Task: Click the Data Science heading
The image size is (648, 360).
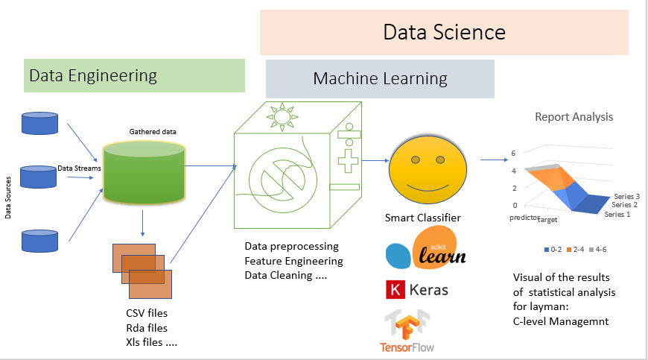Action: pyautogui.click(x=444, y=32)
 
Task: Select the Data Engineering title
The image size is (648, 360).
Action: pyautogui.click(x=93, y=75)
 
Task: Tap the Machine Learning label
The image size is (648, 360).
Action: pyautogui.click(x=380, y=78)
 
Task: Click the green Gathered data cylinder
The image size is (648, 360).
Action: pyautogui.click(x=144, y=172)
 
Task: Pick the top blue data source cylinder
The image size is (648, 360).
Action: pyautogui.click(x=40, y=123)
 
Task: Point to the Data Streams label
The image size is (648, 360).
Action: pyautogui.click(x=79, y=168)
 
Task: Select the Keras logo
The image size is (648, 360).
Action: pyautogui.click(x=417, y=289)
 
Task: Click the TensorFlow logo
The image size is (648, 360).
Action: pyautogui.click(x=407, y=332)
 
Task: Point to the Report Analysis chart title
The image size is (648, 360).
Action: pyautogui.click(x=574, y=117)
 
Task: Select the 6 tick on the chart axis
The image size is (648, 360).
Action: pyautogui.click(x=512, y=154)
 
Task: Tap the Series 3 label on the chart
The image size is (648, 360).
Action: pyautogui.click(x=627, y=196)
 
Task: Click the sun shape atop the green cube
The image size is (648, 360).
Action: pyautogui.click(x=282, y=116)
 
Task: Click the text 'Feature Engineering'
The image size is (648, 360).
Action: pyautogui.click(x=293, y=261)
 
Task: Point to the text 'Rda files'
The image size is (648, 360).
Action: pyautogui.click(x=147, y=328)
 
